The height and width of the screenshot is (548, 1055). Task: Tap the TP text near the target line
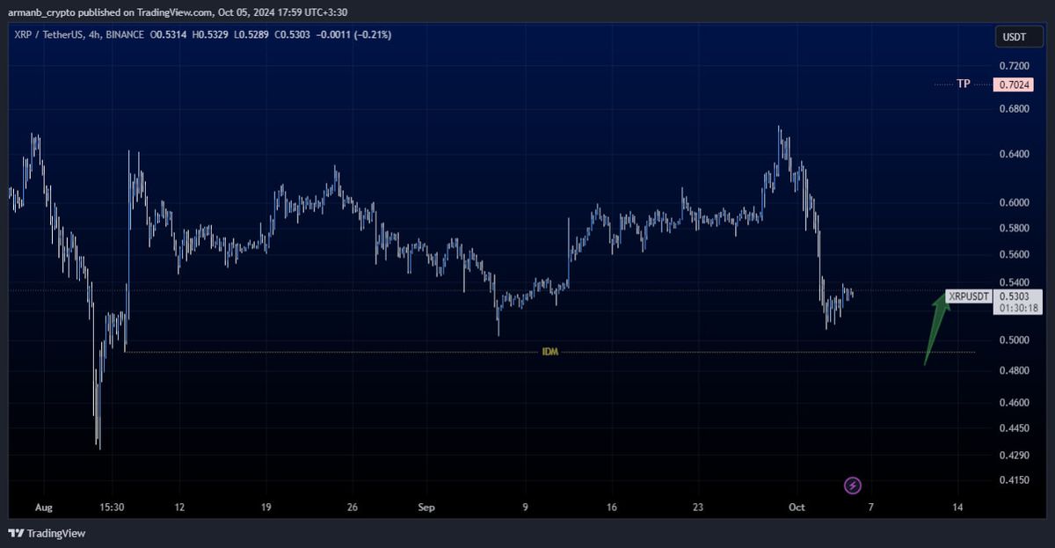964,84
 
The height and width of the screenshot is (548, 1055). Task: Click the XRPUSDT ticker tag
969,296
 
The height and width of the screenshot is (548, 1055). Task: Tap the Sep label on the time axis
426,508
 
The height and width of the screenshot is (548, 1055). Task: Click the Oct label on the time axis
797,508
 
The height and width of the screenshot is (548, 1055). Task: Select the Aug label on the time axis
43,508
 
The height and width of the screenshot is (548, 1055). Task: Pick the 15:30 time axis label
111,508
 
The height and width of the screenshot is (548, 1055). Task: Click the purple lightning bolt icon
853,485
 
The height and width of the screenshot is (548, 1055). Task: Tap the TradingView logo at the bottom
47,533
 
